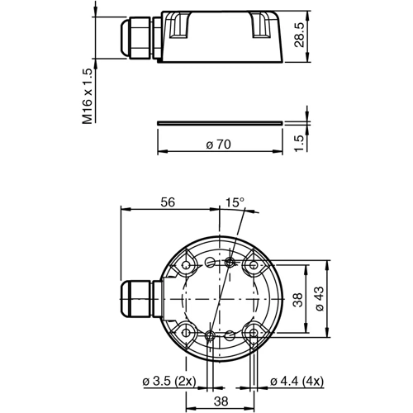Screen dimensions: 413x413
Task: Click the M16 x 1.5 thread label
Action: (x=88, y=96)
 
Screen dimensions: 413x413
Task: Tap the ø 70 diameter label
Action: (x=218, y=144)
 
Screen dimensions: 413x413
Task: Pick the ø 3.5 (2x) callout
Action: (x=169, y=381)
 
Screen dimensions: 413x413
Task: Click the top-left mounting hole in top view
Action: (x=188, y=265)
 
